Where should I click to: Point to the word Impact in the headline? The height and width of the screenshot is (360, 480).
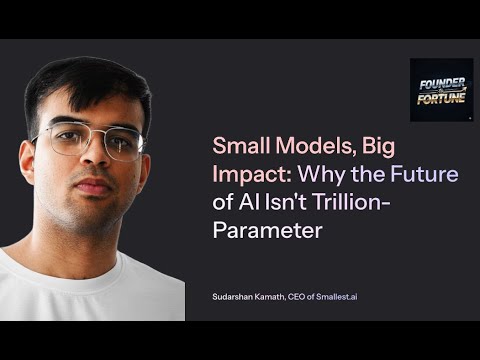[245, 174]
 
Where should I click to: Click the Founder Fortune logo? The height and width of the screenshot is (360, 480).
[441, 89]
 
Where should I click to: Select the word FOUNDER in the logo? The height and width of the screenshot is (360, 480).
[441, 82]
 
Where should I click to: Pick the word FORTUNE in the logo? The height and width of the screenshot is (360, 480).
[442, 99]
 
